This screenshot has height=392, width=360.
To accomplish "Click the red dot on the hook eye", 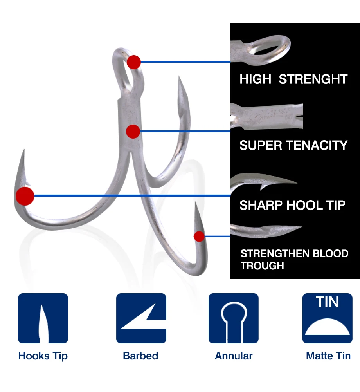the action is (134, 62).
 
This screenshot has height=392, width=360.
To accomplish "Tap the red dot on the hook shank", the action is (133, 132).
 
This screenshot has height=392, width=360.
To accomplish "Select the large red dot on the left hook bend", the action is (25, 196).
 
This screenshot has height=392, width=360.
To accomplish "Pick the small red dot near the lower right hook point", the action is (199, 237).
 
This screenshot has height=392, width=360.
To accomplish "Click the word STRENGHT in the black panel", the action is (313, 79).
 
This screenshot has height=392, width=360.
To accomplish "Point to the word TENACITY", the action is (317, 145).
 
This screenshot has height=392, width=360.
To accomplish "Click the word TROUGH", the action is (262, 266).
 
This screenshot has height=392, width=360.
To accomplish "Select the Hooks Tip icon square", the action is (43, 318).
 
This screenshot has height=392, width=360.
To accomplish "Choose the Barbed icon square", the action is (141, 318).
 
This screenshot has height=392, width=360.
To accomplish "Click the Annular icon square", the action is (234, 318).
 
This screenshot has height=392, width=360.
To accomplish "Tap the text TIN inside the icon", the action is (327, 302).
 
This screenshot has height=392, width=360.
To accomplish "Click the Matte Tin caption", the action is (328, 356).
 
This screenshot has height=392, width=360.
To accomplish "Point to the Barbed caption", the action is (140, 356).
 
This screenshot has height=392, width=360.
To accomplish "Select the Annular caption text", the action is (234, 356).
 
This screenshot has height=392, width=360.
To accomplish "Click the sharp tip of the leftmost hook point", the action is (24, 150).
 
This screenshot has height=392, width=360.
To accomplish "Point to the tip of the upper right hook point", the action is (179, 76).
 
